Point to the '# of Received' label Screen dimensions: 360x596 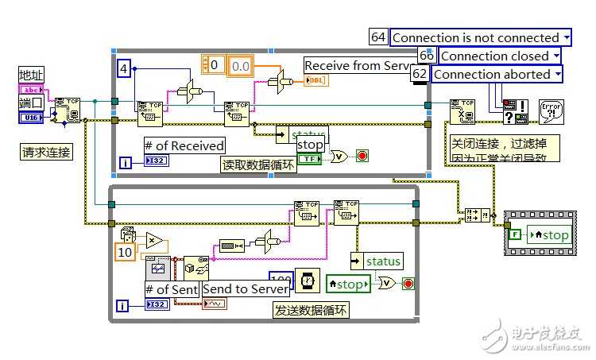(x=184, y=145)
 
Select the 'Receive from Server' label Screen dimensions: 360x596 (x=358, y=65)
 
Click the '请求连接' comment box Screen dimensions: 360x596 (x=46, y=152)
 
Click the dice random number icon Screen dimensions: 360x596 (x=127, y=235)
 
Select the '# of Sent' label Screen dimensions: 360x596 (x=171, y=288)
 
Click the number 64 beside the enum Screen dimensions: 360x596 (x=378, y=37)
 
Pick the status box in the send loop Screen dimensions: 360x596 (x=377, y=261)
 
